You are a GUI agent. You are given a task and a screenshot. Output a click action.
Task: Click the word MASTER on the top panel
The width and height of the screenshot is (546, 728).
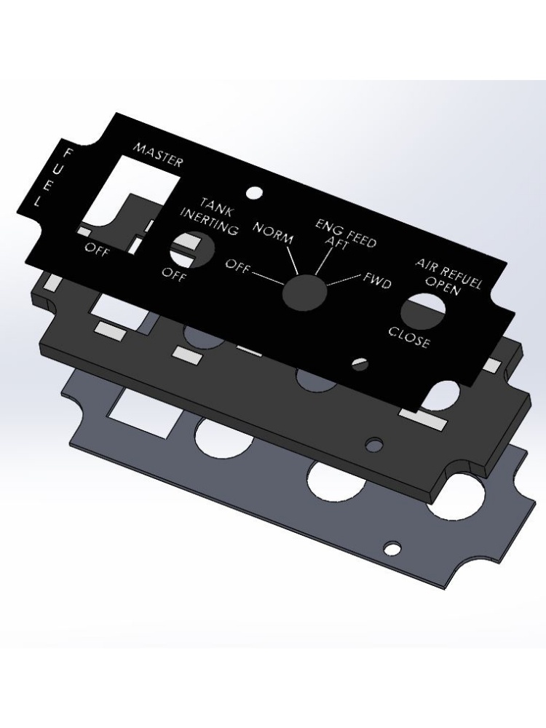click(x=158, y=155)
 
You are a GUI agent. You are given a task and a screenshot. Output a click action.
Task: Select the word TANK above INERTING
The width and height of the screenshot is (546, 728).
click(x=216, y=207)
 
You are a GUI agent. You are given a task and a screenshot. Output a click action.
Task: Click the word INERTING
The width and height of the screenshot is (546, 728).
click(x=210, y=221)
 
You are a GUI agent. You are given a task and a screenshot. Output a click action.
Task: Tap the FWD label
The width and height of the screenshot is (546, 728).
click(x=376, y=280)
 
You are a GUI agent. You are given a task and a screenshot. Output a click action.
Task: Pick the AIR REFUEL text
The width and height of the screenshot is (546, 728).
click(x=448, y=272)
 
